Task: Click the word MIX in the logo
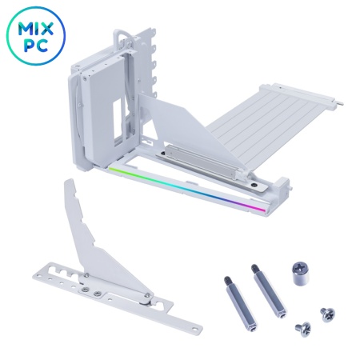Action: [36, 30]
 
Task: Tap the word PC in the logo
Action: [36, 46]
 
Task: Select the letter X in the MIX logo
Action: [47, 30]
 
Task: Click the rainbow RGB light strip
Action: [187, 190]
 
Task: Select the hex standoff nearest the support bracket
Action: [240, 302]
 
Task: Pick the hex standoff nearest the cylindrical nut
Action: [269, 290]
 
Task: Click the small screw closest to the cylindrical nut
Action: [327, 314]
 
